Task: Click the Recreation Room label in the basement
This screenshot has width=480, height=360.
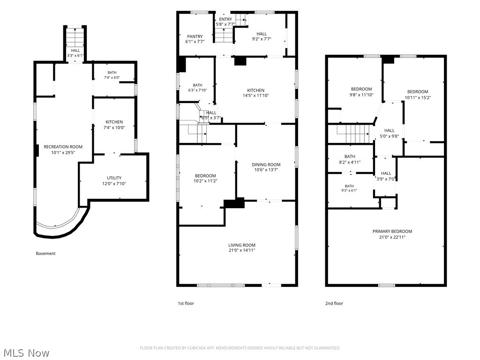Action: pyautogui.click(x=63, y=147)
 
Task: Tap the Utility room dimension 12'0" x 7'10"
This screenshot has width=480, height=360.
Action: pyautogui.click(x=114, y=184)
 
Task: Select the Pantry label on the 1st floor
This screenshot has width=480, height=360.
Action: pyautogui.click(x=195, y=37)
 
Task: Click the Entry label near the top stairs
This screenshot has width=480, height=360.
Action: pyautogui.click(x=225, y=19)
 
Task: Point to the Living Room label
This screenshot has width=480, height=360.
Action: pyautogui.click(x=242, y=245)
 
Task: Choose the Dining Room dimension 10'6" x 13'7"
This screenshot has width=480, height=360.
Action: pyautogui.click(x=266, y=170)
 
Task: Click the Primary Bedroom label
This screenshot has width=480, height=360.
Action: pyautogui.click(x=392, y=232)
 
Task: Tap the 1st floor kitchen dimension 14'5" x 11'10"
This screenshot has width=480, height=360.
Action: pyautogui.click(x=256, y=96)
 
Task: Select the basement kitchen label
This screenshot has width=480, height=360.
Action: pyautogui.click(x=114, y=122)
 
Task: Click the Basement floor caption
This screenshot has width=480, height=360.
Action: pyautogui.click(x=45, y=254)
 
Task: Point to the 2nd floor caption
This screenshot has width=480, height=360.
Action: pyautogui.click(x=334, y=303)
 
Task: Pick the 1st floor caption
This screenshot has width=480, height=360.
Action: pyautogui.click(x=186, y=303)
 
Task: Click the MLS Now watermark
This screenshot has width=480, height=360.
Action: pyautogui.click(x=27, y=353)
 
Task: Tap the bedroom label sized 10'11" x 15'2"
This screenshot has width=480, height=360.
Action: pyautogui.click(x=418, y=92)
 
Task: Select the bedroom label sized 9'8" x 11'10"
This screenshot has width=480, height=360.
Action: pyautogui.click(x=361, y=89)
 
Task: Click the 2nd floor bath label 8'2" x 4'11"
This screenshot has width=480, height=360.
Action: pyautogui.click(x=350, y=157)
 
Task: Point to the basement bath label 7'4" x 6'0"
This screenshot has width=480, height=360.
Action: pyautogui.click(x=112, y=73)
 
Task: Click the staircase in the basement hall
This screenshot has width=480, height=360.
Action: pyautogui.click(x=75, y=37)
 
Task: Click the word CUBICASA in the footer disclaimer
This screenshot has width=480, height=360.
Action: pyautogui.click(x=196, y=348)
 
